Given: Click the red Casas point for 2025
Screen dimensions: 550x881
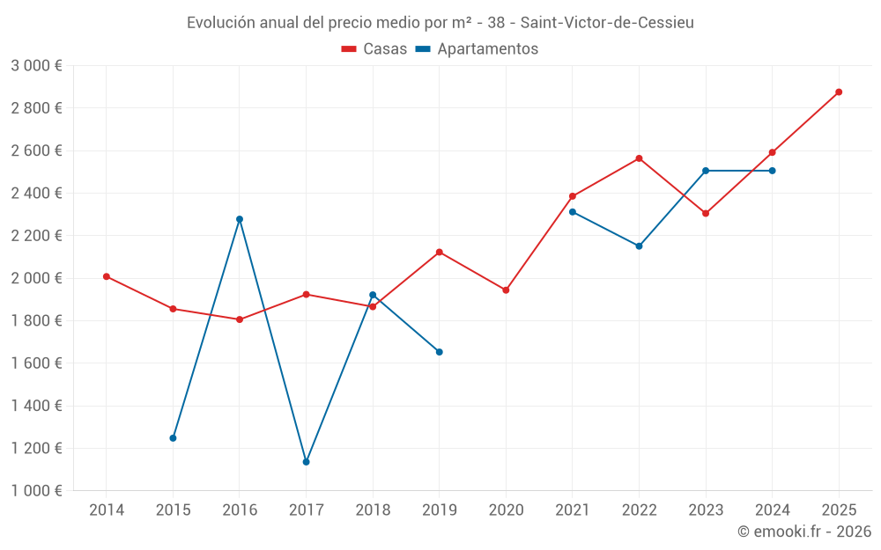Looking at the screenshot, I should pos(839,92).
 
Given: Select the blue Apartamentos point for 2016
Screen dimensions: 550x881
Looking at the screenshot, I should pos(240,219).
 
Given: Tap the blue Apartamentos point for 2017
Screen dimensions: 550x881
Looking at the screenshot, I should pos(306,462).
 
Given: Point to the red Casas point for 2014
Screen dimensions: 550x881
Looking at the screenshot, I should pos(107,276).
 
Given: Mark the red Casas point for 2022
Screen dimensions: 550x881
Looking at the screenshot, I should pos(639,158).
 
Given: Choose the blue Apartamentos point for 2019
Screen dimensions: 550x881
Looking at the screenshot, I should pos(440,352).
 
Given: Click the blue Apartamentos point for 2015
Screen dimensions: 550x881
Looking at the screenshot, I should pos(173,438).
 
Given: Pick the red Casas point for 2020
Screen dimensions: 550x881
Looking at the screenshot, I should pos(506,290).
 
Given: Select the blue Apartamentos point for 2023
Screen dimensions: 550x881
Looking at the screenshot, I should pos(706,171).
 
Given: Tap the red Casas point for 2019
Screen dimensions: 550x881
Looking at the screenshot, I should pos(440,253).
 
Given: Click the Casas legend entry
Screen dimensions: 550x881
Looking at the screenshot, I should pos(374,49).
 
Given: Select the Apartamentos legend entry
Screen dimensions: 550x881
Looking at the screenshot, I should pos(477,49).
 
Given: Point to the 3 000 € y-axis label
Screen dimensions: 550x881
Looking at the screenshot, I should pos(36,66).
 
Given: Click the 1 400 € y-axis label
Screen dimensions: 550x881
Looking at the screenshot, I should pos(36,406).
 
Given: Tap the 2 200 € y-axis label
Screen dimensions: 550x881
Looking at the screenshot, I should pos(36,236).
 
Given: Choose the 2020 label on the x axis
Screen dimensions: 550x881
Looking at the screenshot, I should pos(506,510).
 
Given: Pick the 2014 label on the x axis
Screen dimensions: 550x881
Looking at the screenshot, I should pos(107,510).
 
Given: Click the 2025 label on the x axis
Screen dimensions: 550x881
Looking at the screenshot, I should pos(839,510).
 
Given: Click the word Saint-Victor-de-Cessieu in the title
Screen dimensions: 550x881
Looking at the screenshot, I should pos(608,22).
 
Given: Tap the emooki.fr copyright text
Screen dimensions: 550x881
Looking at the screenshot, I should pos(804,532).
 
